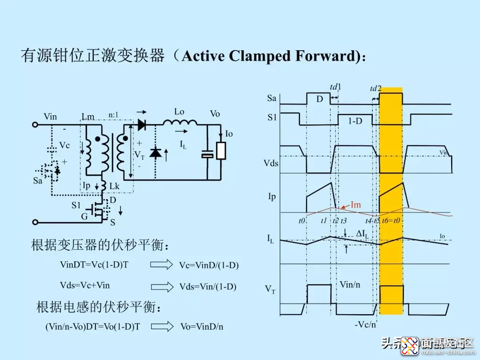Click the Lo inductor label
click(179, 112)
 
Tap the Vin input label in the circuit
click(50, 116)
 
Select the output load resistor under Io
click(221, 151)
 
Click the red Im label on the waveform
click(356, 204)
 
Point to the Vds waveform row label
click(271, 163)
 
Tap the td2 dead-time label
click(376, 89)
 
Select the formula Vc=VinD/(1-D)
click(209, 265)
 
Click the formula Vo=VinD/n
click(202, 327)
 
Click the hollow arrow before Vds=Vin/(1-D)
click(161, 287)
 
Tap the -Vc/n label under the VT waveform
click(365, 325)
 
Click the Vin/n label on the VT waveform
click(350, 284)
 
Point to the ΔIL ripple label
click(365, 233)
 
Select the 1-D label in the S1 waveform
click(355, 120)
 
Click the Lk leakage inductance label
click(115, 187)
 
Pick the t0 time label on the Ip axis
click(302, 220)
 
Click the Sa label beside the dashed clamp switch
click(37, 180)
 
